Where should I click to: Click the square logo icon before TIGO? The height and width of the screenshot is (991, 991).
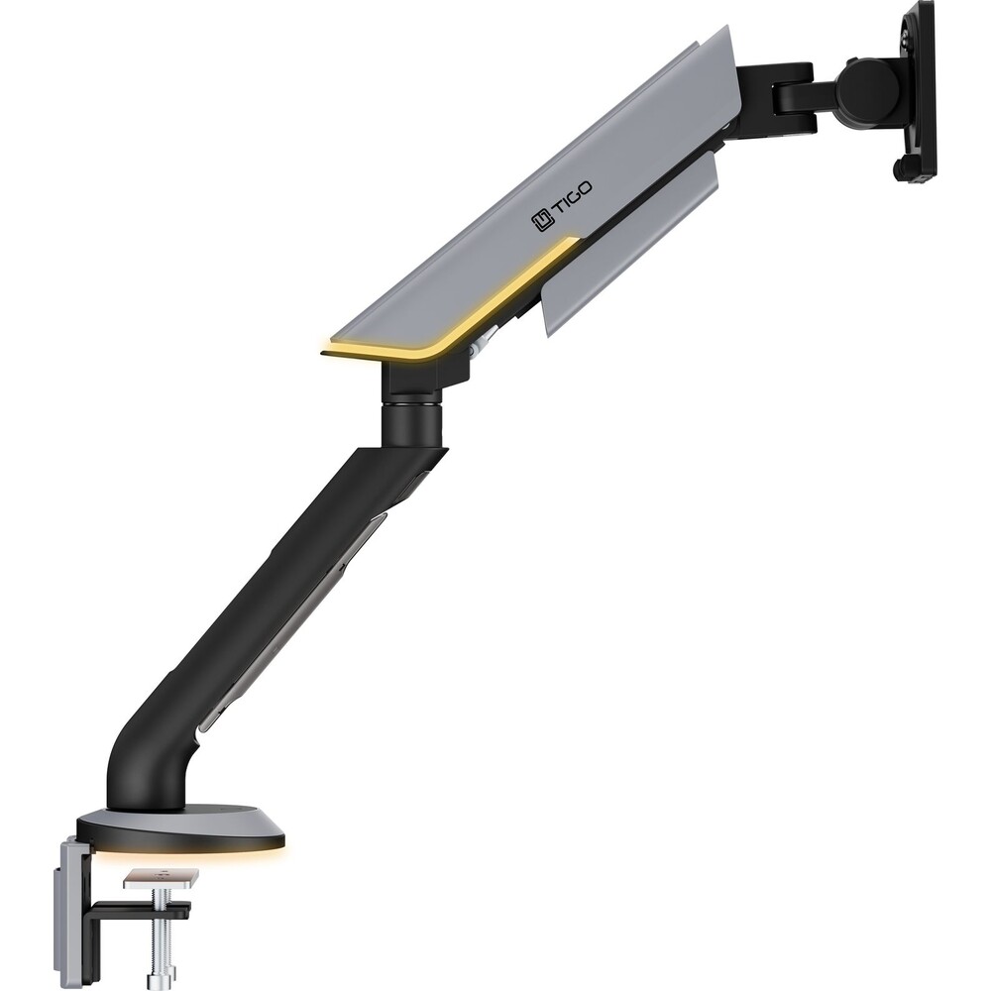[x=542, y=221]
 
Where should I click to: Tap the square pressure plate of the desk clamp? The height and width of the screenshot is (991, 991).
[x=161, y=878]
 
